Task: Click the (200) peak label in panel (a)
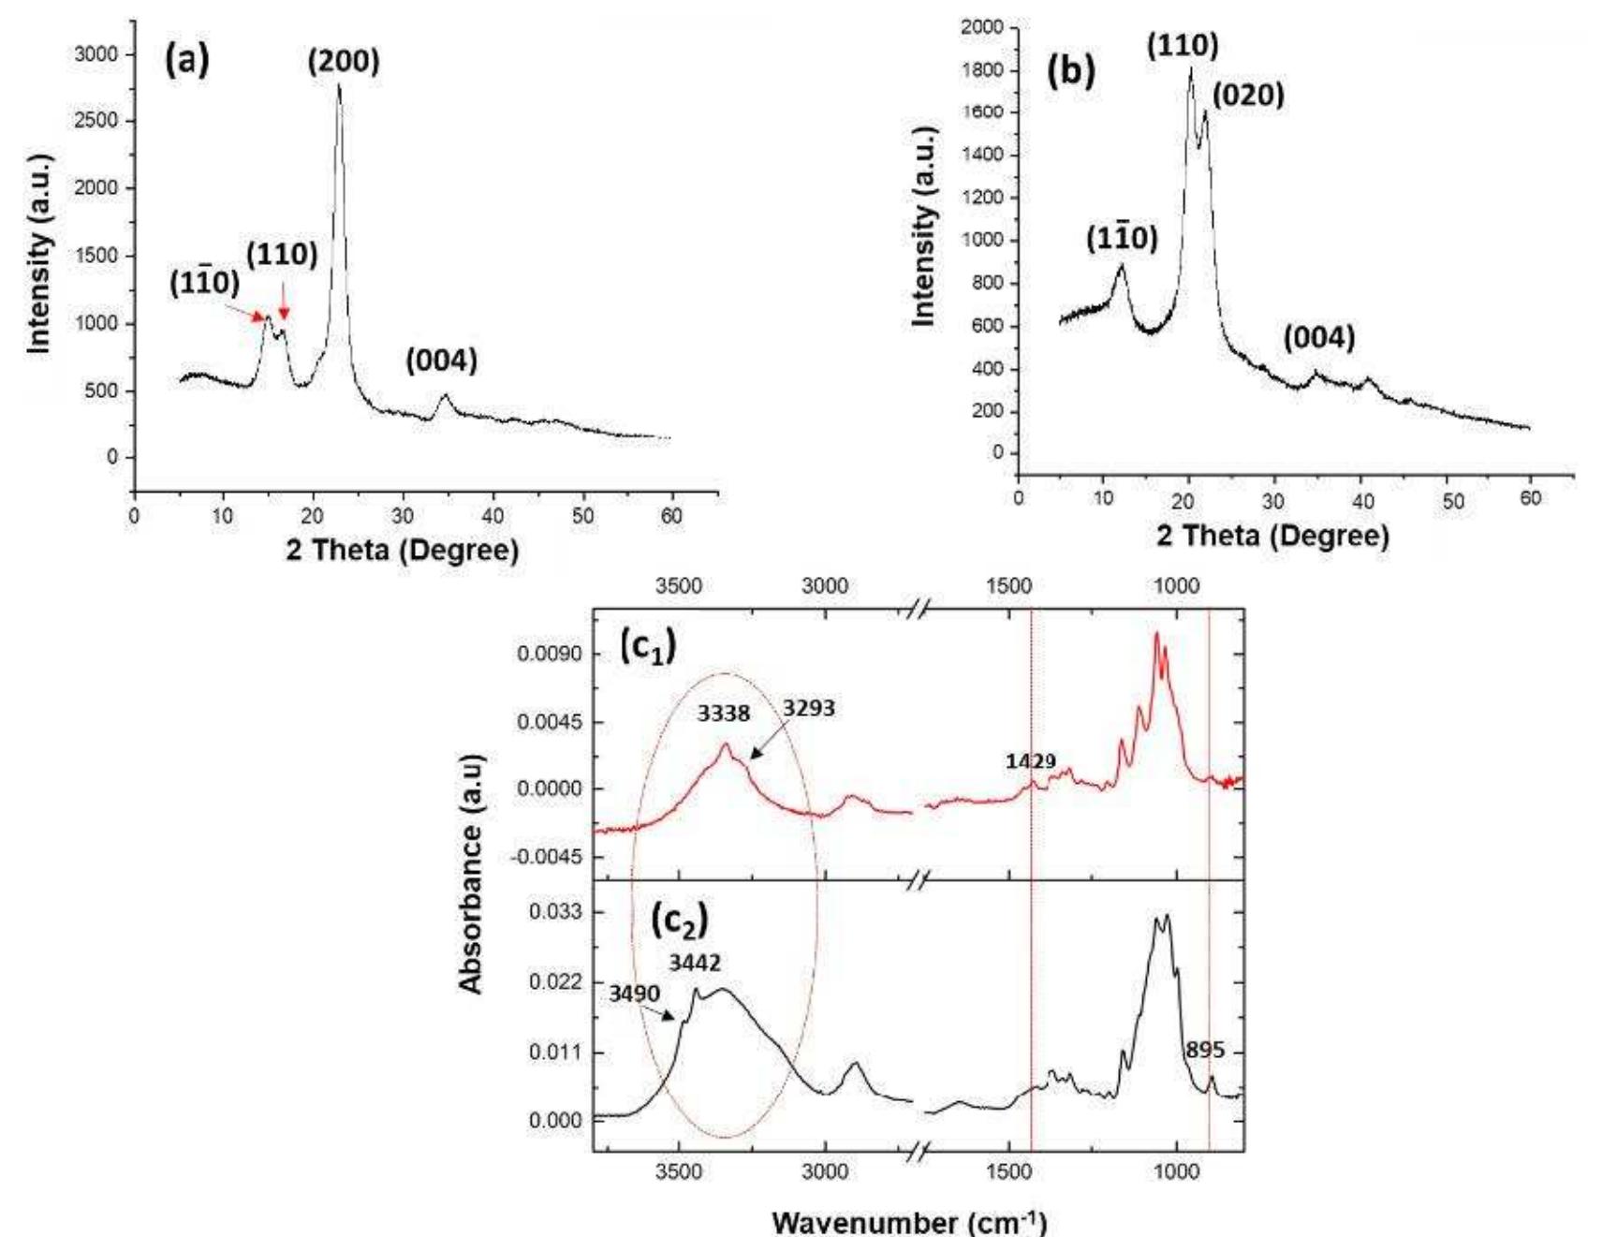click(x=344, y=62)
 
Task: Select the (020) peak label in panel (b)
click(x=1248, y=95)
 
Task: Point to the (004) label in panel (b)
click(x=1318, y=338)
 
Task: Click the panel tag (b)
click(x=1071, y=72)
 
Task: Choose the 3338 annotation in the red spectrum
click(x=724, y=714)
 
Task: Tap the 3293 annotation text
click(x=809, y=708)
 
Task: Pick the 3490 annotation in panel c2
click(x=635, y=994)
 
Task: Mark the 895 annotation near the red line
click(x=1204, y=1050)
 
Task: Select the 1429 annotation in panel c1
click(x=1031, y=761)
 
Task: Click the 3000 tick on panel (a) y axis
click(x=96, y=54)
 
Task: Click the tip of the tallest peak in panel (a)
click(x=339, y=85)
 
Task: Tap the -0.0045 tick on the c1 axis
click(x=547, y=858)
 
